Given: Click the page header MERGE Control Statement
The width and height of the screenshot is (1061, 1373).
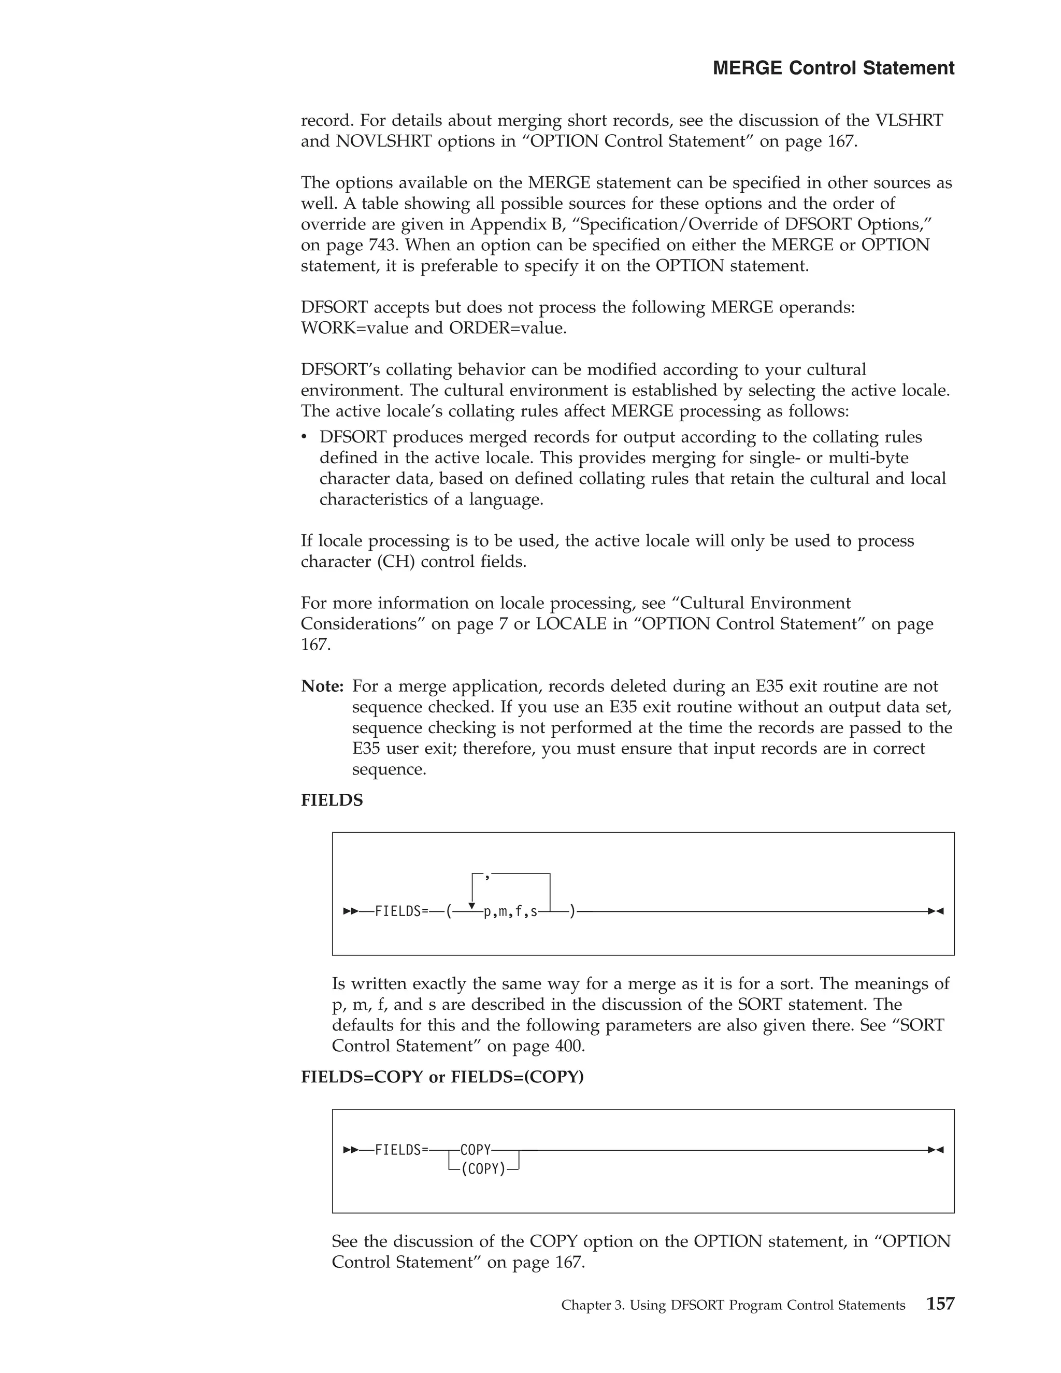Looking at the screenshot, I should (x=833, y=68).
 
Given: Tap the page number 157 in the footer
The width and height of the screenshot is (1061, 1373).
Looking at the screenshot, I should (x=940, y=1304).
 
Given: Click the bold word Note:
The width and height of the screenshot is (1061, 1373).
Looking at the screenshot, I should (x=322, y=686).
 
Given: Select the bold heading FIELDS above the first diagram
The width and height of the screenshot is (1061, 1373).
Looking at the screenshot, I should (x=332, y=800).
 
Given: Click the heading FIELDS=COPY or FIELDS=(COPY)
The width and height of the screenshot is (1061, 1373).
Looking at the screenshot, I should (x=442, y=1077).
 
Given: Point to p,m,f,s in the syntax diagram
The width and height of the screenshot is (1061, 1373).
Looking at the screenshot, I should (x=510, y=911).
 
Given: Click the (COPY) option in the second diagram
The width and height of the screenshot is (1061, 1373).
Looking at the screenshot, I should (x=483, y=1169).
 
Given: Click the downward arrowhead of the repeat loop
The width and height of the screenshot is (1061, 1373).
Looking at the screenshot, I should (x=472, y=905).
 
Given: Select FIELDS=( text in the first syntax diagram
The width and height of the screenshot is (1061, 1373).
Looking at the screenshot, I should (x=412, y=911).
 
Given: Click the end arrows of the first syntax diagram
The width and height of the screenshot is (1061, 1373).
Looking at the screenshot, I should (x=935, y=911).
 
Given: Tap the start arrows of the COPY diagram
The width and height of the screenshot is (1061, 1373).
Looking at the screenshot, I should (x=351, y=1150).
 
